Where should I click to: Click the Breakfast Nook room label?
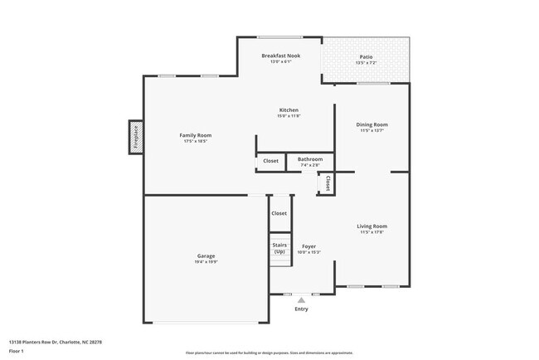tap(280, 56)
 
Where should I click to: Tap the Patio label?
tap(366, 56)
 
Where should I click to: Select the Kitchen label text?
tap(288, 110)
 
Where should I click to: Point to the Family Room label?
tap(196, 135)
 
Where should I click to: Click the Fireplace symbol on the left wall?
tap(135, 137)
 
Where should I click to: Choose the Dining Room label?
tap(371, 124)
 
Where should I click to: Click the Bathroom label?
tap(310, 158)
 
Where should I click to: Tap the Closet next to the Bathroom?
tap(270, 161)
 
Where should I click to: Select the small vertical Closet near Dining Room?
tap(328, 183)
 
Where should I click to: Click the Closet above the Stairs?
tap(279, 214)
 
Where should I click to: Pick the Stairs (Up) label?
tap(279, 248)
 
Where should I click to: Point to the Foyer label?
tap(308, 246)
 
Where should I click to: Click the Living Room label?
tap(372, 226)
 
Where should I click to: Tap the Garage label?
tap(206, 255)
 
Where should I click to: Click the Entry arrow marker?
tap(301, 300)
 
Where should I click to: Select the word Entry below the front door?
tap(301, 309)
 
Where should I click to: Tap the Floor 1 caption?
tap(17, 351)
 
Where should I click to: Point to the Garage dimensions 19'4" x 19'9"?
tap(206, 262)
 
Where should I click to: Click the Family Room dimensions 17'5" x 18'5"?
tap(196, 142)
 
